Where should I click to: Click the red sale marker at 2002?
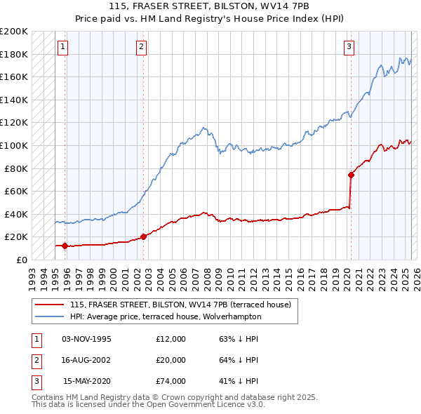pyautogui.click(x=143, y=236)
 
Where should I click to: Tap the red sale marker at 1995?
pyautogui.click(x=65, y=246)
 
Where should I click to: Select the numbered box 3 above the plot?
pyautogui.click(x=349, y=47)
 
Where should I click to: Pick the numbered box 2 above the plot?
pyautogui.click(x=141, y=47)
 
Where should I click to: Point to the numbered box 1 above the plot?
pyautogui.click(x=62, y=47)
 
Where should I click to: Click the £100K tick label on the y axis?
pyautogui.click(x=14, y=145)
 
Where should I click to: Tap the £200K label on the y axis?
pyautogui.click(x=14, y=32)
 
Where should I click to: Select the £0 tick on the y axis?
pyautogui.click(x=22, y=260)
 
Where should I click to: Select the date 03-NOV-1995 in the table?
pyautogui.click(x=86, y=339)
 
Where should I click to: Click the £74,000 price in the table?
pyautogui.click(x=171, y=381)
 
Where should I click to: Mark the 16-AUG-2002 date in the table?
pyautogui.click(x=86, y=360)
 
